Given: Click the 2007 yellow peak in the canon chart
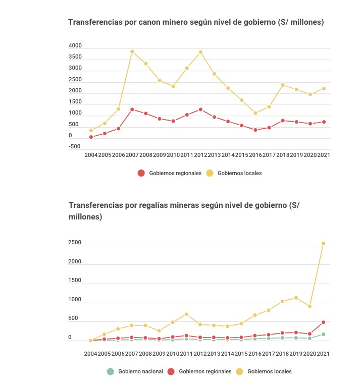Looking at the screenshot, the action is (x=132, y=51).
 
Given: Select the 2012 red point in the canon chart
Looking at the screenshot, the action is (x=200, y=109).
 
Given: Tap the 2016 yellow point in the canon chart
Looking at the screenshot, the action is (x=255, y=113).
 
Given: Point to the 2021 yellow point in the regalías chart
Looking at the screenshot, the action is (x=323, y=244).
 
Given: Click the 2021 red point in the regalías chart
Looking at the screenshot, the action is (x=323, y=322).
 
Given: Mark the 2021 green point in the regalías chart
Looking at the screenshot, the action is (x=323, y=335).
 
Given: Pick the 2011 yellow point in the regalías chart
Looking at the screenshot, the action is (x=186, y=314).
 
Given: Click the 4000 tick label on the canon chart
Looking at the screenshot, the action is (x=75, y=45).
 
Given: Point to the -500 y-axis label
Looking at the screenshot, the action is (x=75, y=146).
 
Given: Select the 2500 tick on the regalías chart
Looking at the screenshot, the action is (x=75, y=242).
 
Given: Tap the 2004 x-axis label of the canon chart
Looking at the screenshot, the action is (x=91, y=155).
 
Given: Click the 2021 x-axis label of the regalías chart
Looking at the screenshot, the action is (x=323, y=354).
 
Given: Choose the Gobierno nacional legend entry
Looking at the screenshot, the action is (x=135, y=371).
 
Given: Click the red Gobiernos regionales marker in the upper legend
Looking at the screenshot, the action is (x=141, y=173).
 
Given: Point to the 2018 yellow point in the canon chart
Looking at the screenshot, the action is (x=283, y=85).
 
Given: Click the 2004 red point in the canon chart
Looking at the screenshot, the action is (x=91, y=137).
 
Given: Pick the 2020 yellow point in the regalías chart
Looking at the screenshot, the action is (x=309, y=306).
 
